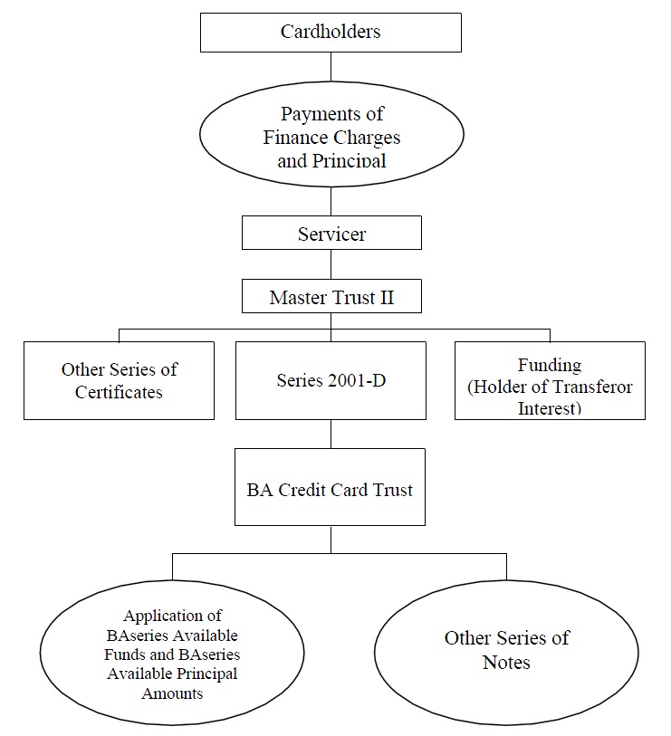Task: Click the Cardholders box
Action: click(331, 33)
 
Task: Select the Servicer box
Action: click(331, 233)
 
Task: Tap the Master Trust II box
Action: click(331, 296)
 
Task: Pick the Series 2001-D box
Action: click(331, 380)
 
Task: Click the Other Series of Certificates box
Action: click(119, 380)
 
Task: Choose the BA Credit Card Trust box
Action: click(330, 487)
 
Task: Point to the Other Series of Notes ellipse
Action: click(506, 653)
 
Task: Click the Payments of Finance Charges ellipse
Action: click(331, 135)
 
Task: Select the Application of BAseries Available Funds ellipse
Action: click(172, 653)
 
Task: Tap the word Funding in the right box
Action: click(550, 365)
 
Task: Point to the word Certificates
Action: click(119, 392)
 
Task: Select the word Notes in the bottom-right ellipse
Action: click(506, 663)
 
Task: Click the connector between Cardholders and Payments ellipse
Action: click(331, 67)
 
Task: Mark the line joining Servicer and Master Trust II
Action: click(331, 264)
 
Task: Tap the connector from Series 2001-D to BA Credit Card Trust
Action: click(331, 435)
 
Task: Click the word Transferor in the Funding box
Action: click(591, 387)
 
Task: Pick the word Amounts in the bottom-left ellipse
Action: click(172, 693)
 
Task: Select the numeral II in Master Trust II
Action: click(387, 298)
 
